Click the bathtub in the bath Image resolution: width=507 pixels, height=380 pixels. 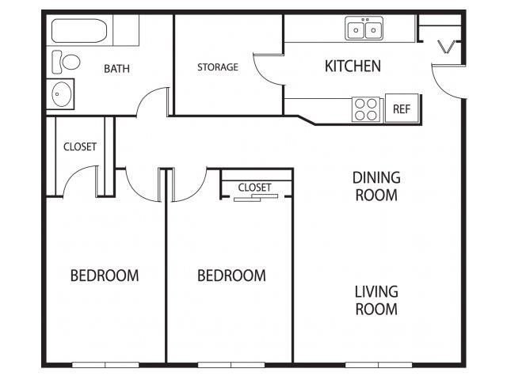(x=79, y=31)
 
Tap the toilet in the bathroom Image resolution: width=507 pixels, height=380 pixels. (x=66, y=62)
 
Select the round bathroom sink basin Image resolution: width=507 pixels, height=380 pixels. (x=62, y=94)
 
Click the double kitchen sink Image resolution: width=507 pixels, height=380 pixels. (x=364, y=28)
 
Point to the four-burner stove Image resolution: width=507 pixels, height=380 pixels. (x=366, y=109)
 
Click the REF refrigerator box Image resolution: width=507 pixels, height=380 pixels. (x=402, y=108)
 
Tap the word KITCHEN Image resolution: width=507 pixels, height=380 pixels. (x=353, y=66)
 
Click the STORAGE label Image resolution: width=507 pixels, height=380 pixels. (x=218, y=66)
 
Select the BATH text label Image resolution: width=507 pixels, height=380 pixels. (x=116, y=69)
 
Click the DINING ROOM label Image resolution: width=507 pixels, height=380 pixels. (x=376, y=187)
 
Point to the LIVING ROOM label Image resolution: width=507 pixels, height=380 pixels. (x=376, y=300)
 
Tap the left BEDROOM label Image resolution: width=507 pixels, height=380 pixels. (x=105, y=275)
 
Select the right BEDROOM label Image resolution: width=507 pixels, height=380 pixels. (x=231, y=275)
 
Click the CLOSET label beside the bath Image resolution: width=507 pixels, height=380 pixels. (x=80, y=146)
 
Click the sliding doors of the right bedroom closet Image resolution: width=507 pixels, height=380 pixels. (x=256, y=198)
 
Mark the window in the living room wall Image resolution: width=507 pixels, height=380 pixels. (x=379, y=365)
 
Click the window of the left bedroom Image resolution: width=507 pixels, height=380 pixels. (x=105, y=365)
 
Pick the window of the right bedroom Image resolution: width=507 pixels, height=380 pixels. (x=231, y=365)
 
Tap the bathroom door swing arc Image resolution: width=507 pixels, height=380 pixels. (x=146, y=96)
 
